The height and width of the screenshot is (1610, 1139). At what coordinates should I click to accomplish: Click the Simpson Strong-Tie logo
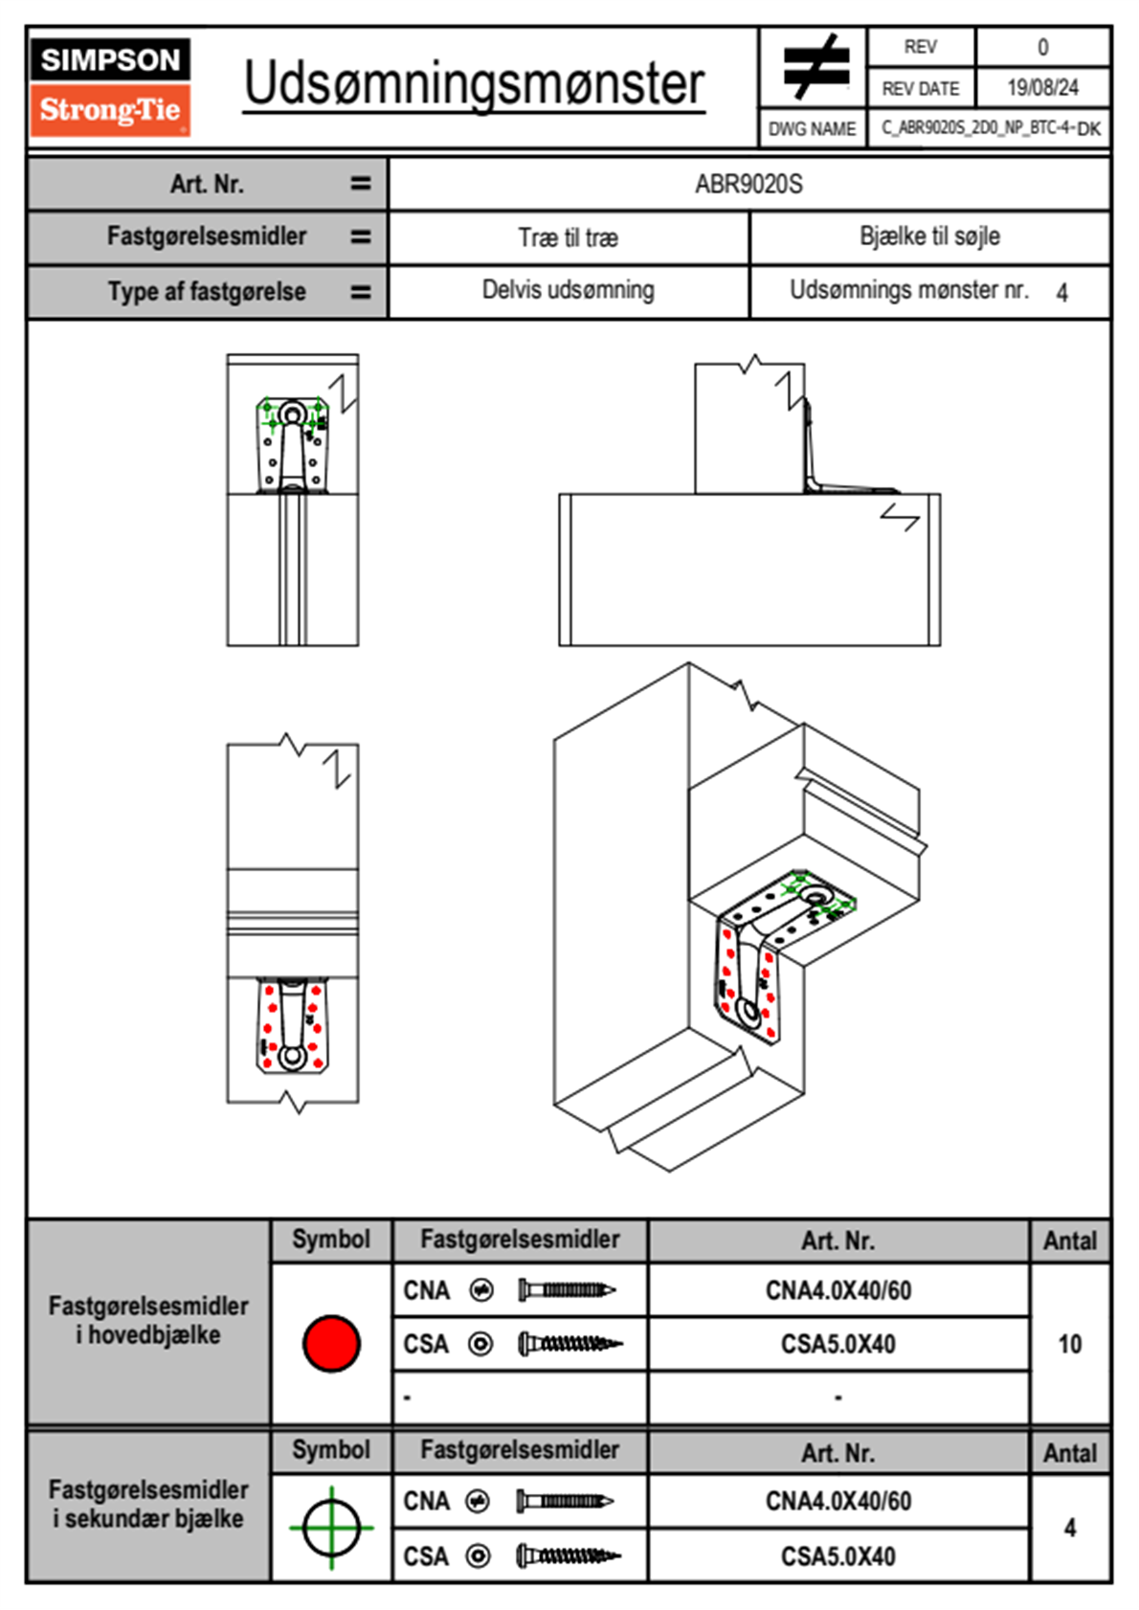tap(109, 86)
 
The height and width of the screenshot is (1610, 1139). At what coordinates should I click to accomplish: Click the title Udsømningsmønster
tap(474, 84)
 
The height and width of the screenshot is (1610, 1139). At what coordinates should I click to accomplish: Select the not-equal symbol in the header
tap(815, 67)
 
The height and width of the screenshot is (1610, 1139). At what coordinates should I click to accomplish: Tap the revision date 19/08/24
tap(1042, 88)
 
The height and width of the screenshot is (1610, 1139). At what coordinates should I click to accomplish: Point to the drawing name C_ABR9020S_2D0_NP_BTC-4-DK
tap(990, 128)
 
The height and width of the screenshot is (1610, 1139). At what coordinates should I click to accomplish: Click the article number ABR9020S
tap(748, 184)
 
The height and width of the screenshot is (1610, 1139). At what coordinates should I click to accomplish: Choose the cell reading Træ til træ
tap(568, 237)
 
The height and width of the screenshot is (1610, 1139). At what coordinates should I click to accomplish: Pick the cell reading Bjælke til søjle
tap(929, 236)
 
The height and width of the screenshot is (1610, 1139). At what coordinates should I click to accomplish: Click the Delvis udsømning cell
tap(568, 290)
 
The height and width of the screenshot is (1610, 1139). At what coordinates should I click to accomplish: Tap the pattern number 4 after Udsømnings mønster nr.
tap(1061, 293)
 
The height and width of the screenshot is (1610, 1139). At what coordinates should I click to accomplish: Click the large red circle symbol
tap(331, 1343)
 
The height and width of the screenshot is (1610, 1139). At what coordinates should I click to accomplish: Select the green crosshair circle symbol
tap(331, 1528)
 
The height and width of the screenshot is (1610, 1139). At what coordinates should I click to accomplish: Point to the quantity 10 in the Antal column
tap(1069, 1344)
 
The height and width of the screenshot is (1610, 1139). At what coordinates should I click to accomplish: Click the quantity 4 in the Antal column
tap(1069, 1528)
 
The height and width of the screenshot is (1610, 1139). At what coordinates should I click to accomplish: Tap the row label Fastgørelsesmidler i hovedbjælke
tap(148, 1320)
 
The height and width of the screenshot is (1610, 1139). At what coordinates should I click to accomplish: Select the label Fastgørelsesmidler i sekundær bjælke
tap(148, 1504)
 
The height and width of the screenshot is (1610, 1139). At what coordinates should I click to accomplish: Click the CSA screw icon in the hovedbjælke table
tap(569, 1344)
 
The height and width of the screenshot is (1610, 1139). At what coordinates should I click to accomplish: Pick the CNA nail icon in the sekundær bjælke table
tap(565, 1501)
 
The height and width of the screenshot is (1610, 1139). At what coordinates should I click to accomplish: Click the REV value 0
tap(1042, 47)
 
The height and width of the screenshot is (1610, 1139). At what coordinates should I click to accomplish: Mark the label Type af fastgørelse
tap(207, 292)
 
